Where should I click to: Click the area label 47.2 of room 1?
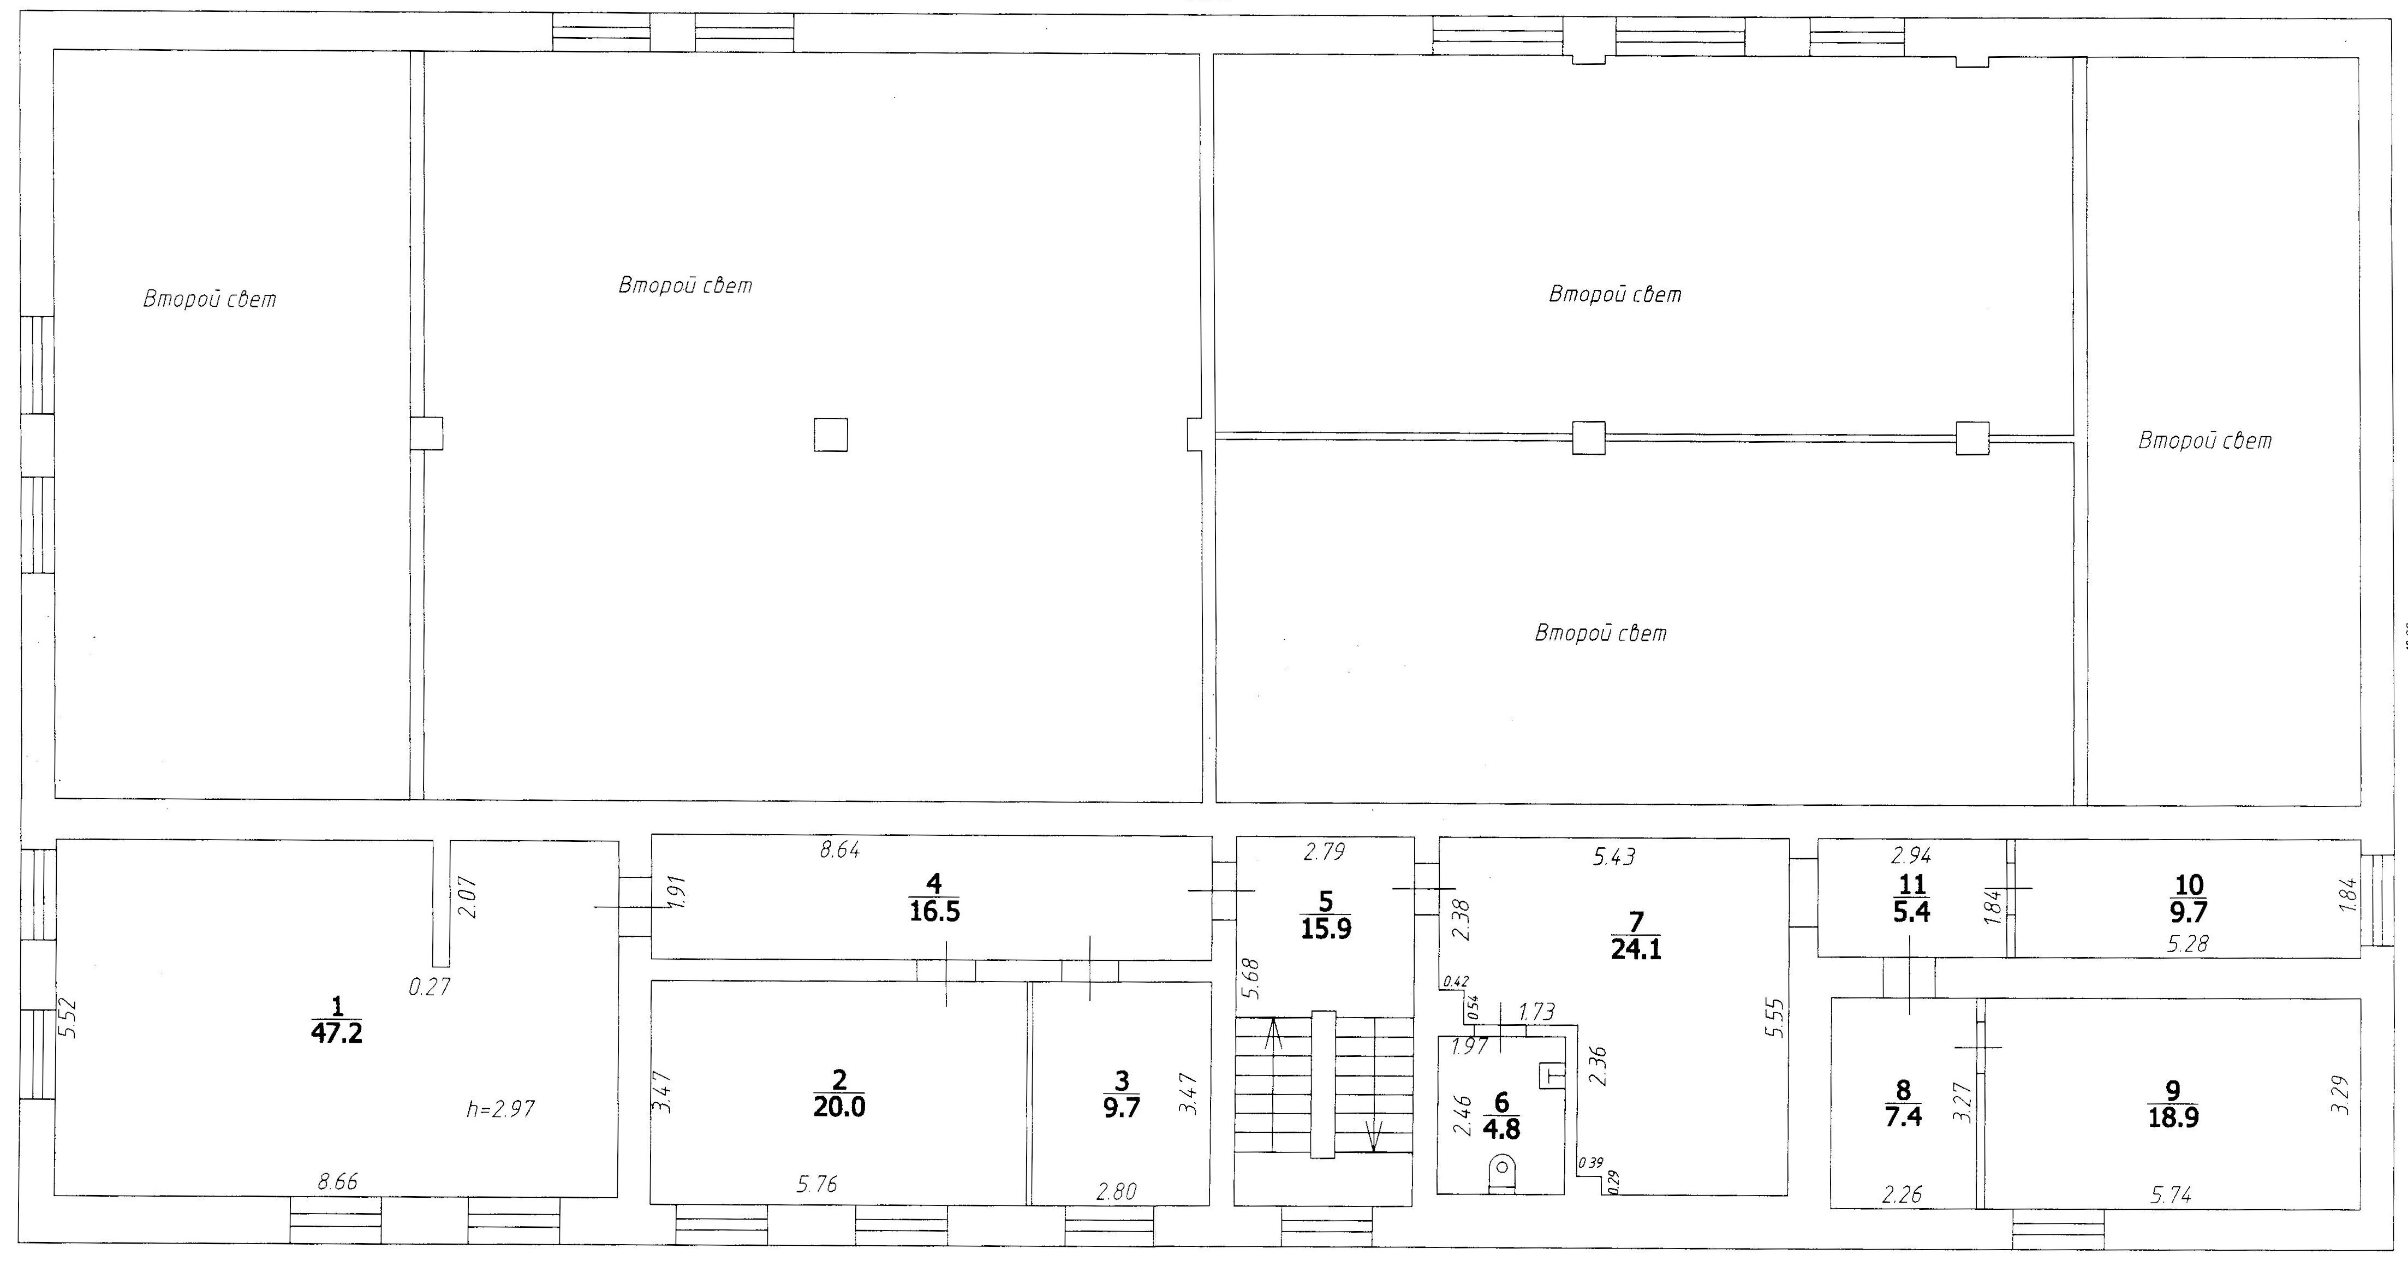click(x=337, y=1033)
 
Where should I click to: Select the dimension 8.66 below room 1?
click(x=337, y=1182)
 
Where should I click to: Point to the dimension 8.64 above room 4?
click(x=839, y=851)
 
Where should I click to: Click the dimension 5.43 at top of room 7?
click(x=1614, y=857)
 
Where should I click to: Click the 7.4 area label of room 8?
click(x=1903, y=1116)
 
